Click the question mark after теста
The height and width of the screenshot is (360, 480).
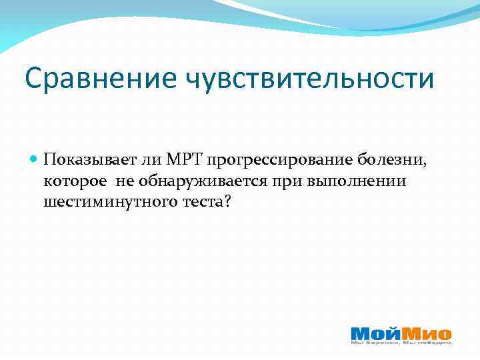coord(227,201)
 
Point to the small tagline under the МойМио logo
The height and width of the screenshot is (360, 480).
coord(402,343)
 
